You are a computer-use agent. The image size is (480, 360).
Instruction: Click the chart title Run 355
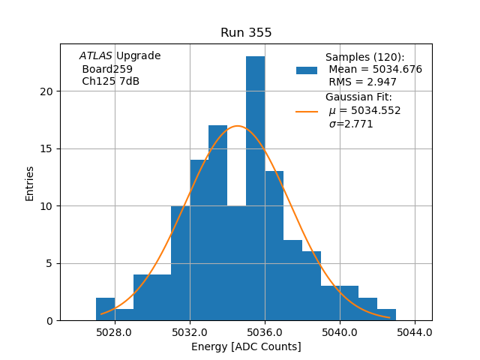246,33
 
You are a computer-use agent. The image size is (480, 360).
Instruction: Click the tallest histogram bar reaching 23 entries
255,187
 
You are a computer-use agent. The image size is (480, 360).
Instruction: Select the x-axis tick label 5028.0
115,332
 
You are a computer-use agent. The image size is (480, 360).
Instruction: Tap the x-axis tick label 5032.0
190,332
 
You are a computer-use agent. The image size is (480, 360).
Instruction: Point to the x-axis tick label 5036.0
265,332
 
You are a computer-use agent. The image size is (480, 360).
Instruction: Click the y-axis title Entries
30,183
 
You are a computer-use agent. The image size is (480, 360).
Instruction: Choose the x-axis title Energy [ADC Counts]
246,346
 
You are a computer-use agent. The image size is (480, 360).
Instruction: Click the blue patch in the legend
307,70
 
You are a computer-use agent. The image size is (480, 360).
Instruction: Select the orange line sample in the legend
307,112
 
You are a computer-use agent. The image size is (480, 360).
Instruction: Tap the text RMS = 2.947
364,82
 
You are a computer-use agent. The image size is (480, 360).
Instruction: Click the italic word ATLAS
96,56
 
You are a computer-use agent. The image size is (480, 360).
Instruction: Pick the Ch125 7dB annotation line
110,81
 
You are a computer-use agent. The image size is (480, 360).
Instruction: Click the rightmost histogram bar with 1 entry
386,314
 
